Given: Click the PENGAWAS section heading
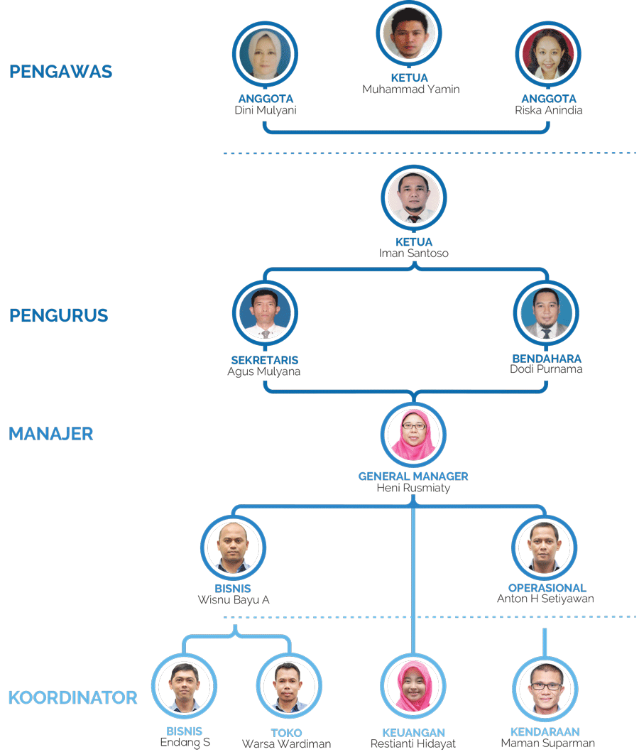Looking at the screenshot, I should pyautogui.click(x=60, y=72).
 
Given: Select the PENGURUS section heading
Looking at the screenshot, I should pyautogui.click(x=58, y=315).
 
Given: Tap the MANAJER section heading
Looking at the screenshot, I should pyautogui.click(x=50, y=433).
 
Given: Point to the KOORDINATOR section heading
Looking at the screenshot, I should pyautogui.click(x=72, y=697).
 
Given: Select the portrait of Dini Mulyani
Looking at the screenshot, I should pyautogui.click(x=265, y=55).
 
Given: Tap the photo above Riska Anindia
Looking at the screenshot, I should pyautogui.click(x=548, y=55).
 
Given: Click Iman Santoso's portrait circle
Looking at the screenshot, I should pyautogui.click(x=413, y=198).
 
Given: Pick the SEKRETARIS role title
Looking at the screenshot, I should pyautogui.click(x=264, y=360).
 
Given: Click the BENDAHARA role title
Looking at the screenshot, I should pyautogui.click(x=547, y=359).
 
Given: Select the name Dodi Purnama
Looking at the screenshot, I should pyautogui.click(x=546, y=370).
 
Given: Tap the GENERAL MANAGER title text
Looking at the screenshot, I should pyautogui.click(x=413, y=476).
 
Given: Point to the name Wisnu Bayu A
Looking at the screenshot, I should pyautogui.click(x=233, y=600).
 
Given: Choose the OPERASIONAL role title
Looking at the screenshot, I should pyautogui.click(x=547, y=588).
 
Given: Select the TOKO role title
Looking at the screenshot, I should pyautogui.click(x=286, y=733).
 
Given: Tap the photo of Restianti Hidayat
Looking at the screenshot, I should pyautogui.click(x=413, y=686).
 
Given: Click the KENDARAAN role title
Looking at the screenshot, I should pyautogui.click(x=545, y=732).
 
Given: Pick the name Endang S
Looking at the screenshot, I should pyautogui.click(x=185, y=743).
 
